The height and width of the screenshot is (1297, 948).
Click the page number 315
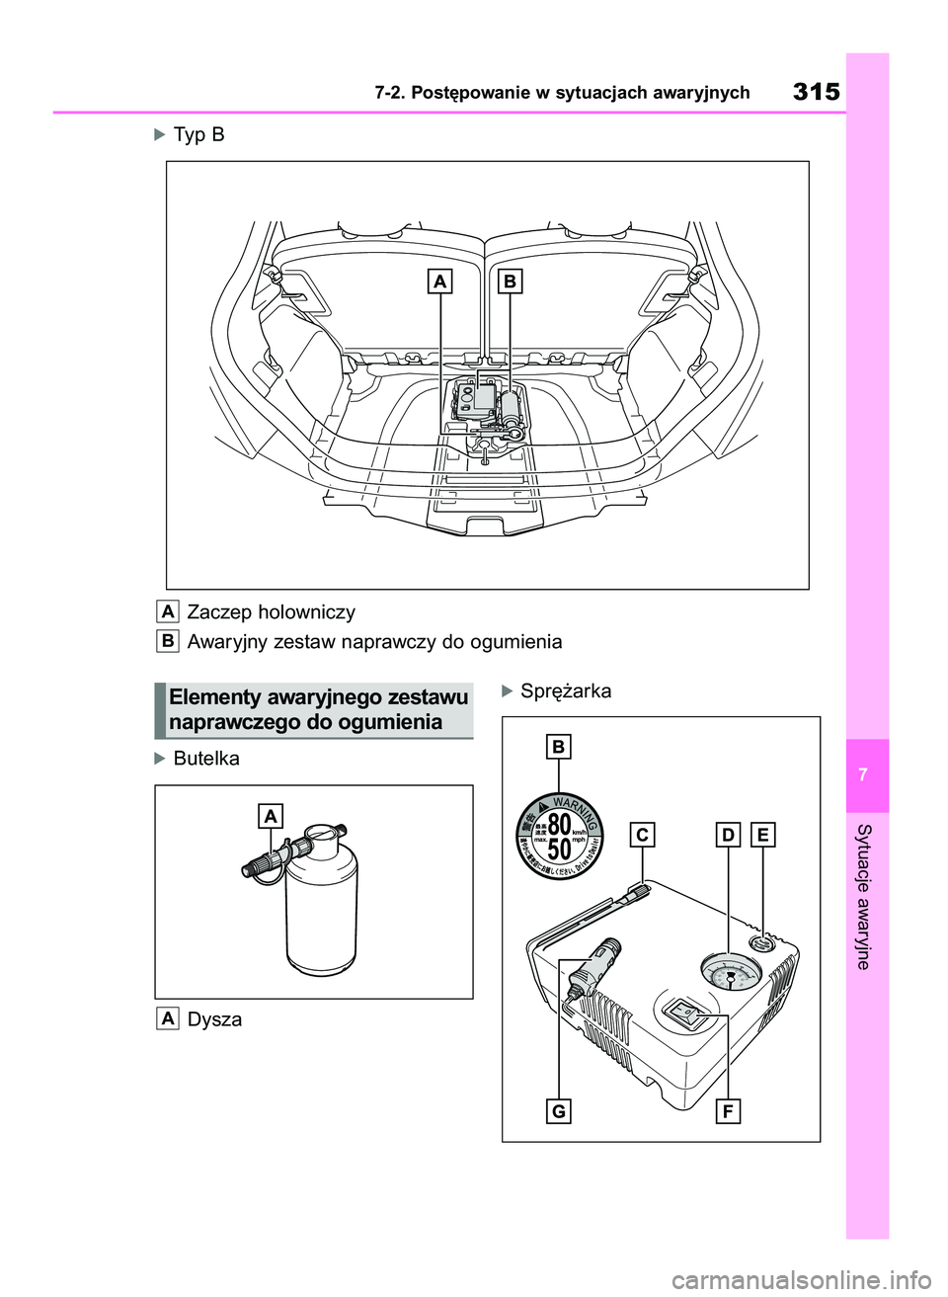pyautogui.click(x=816, y=92)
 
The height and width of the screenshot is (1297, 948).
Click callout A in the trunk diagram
pyautogui.click(x=439, y=282)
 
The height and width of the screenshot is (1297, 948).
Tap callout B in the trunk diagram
pyautogui.click(x=509, y=282)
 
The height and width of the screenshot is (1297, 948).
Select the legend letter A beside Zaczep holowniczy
pyautogui.click(x=168, y=611)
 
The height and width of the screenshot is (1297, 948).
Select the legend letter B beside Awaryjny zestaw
pyautogui.click(x=168, y=641)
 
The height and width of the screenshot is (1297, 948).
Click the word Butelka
pyautogui.click(x=205, y=759)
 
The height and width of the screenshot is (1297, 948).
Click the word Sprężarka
pyautogui.click(x=565, y=690)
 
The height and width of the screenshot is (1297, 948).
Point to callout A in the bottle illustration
pyautogui.click(x=270, y=815)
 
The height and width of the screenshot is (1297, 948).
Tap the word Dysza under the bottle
pyautogui.click(x=213, y=1019)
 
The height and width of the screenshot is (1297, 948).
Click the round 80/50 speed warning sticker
pyautogui.click(x=559, y=835)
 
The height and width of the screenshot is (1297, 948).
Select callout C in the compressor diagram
pyautogui.click(x=642, y=835)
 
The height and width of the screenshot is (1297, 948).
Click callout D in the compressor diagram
pyautogui.click(x=728, y=835)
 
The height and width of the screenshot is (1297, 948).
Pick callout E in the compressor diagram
pyautogui.click(x=762, y=835)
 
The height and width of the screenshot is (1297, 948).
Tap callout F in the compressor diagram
pyautogui.click(x=728, y=1111)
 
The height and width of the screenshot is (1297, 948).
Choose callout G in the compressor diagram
pyautogui.click(x=559, y=1111)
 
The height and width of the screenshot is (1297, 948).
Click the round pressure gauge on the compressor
pyautogui.click(x=729, y=977)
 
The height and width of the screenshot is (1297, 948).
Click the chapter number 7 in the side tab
pyautogui.click(x=866, y=775)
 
